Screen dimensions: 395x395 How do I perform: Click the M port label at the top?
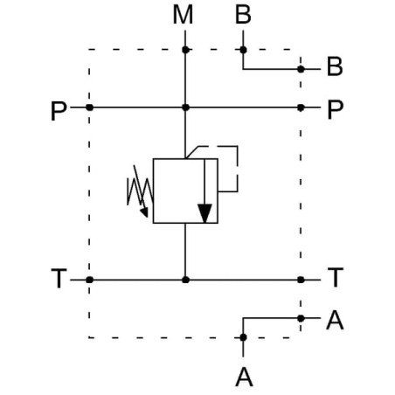(183, 15)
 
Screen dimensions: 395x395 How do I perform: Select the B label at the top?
(243, 15)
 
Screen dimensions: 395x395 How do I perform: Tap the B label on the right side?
(335, 66)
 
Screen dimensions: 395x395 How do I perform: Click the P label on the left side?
(59, 111)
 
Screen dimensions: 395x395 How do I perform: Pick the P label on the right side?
(336, 110)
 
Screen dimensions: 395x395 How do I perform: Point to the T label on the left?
(59, 279)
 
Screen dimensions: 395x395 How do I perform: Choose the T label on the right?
(336, 277)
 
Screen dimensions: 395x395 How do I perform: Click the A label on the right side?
(335, 320)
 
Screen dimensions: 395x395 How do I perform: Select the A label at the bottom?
(244, 378)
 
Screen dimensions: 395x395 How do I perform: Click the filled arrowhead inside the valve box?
(204, 213)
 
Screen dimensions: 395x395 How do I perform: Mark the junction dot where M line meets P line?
(185, 107)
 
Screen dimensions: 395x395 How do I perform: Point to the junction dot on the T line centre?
(185, 280)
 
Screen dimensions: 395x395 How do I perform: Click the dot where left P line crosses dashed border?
(90, 107)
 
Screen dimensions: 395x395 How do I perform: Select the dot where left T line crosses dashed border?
(90, 280)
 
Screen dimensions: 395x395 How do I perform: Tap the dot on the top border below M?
(185, 50)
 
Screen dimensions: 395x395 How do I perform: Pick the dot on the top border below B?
(243, 50)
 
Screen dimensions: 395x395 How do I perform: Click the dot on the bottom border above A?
(243, 337)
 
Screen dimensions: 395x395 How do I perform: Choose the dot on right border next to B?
(301, 69)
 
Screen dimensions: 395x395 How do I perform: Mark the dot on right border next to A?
(301, 318)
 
